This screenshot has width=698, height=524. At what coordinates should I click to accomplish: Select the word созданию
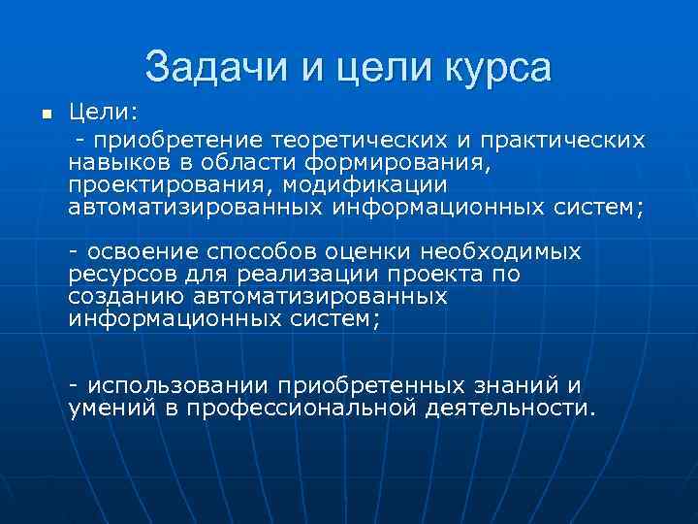[125, 296]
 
